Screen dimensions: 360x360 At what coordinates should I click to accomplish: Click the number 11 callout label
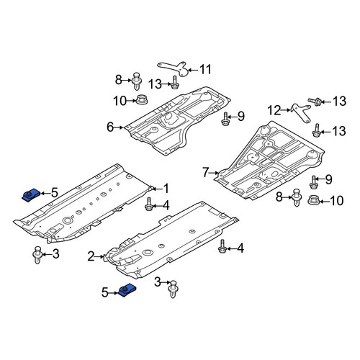[x=205, y=70]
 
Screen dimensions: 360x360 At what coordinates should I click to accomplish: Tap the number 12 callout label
[x=274, y=110]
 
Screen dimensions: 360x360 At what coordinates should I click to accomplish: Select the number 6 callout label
[x=110, y=127]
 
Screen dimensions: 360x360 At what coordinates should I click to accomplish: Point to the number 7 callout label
[x=205, y=173]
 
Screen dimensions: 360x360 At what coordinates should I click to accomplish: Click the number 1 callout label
[x=166, y=189]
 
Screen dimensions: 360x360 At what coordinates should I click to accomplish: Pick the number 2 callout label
[x=91, y=256]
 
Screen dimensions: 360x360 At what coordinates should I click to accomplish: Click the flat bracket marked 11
[x=174, y=68]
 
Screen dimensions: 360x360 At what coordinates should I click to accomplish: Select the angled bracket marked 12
[x=301, y=112]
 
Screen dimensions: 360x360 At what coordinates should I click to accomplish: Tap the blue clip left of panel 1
[x=31, y=194]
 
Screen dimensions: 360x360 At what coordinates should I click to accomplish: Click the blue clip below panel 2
[x=127, y=290]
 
